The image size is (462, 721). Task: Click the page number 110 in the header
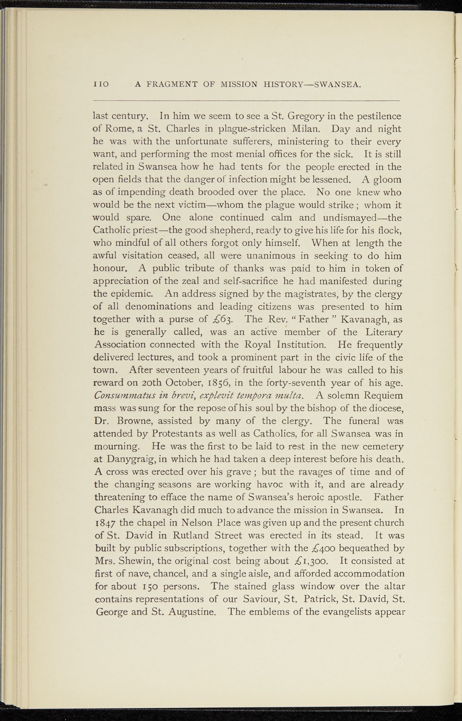(x=101, y=85)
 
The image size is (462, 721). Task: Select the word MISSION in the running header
(x=239, y=85)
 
